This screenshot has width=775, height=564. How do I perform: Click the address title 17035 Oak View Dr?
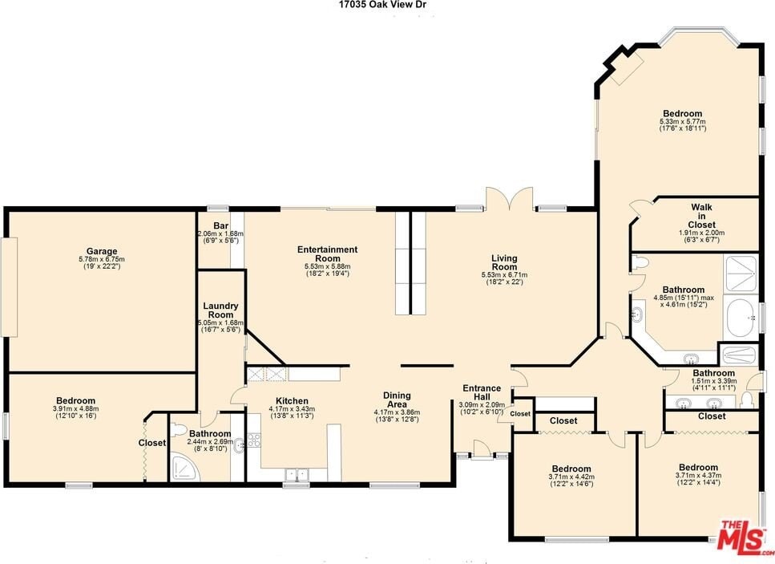tap(382, 5)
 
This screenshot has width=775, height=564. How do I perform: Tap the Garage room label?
tap(102, 251)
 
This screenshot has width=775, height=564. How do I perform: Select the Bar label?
tap(220, 226)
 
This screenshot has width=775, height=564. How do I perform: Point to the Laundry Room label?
tap(220, 310)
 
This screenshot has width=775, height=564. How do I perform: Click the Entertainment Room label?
tap(327, 254)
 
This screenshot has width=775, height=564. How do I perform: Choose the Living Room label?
tap(504, 262)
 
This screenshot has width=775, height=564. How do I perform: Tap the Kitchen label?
tap(292, 401)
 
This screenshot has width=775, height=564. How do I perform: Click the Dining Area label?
tap(397, 400)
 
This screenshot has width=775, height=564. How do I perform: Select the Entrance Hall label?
tap(482, 392)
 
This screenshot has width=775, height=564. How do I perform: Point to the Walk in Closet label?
tap(701, 216)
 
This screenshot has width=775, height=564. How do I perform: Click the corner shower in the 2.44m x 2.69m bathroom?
tap(186, 467)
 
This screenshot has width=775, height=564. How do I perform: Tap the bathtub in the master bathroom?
tap(741, 317)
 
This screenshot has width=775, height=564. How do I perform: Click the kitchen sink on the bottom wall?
tap(297, 474)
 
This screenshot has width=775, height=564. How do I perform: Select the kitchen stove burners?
tap(254, 440)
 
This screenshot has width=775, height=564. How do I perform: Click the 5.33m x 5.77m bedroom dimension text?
tap(683, 124)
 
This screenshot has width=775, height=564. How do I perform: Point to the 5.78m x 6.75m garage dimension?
tap(102, 262)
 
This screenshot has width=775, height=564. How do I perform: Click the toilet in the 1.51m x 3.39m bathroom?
tap(746, 398)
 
